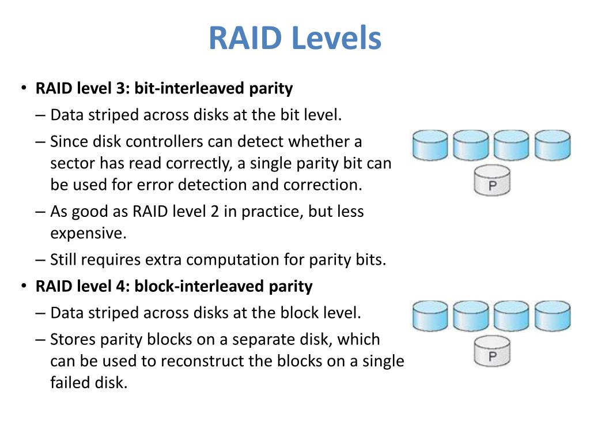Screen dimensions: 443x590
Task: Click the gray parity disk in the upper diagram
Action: tap(492, 181)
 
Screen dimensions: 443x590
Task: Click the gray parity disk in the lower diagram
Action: tap(492, 352)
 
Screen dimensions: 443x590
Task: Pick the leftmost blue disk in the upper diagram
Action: tap(430, 145)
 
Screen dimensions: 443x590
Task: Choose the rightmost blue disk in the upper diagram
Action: tap(552, 145)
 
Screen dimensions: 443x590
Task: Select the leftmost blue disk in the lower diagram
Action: tap(430, 316)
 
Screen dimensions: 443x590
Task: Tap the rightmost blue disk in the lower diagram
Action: tap(552, 316)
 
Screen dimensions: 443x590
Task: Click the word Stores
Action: tap(70, 339)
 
